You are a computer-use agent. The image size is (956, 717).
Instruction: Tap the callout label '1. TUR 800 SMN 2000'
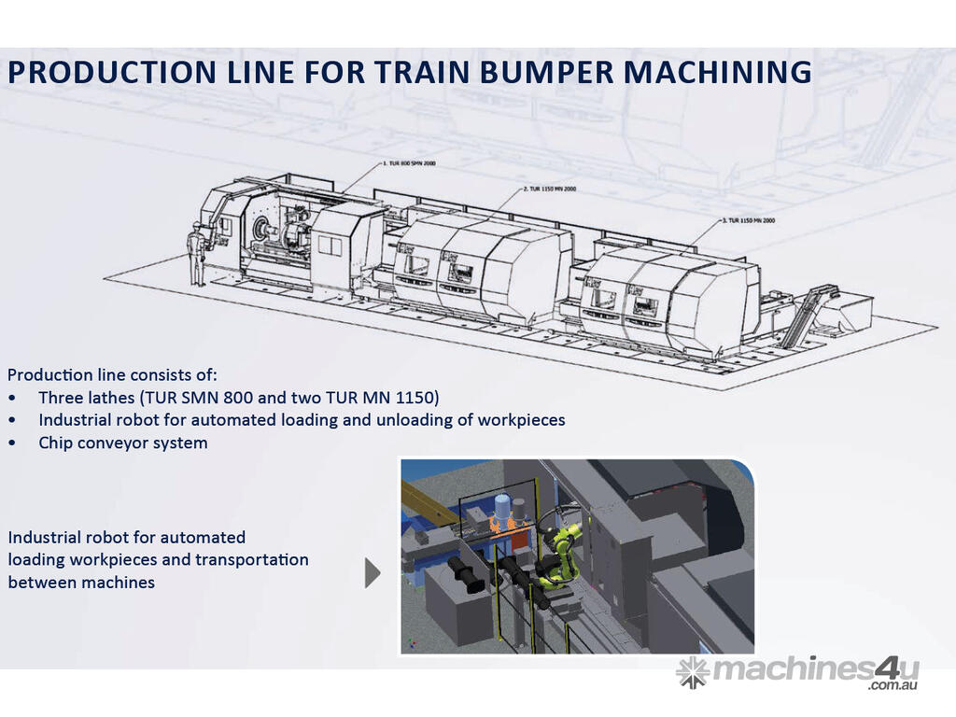(x=409, y=163)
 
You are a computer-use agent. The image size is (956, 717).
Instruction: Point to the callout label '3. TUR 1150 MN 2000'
(x=752, y=220)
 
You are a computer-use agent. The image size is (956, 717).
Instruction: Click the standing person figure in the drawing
(x=195, y=253)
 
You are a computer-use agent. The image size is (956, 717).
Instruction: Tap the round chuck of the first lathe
(x=263, y=230)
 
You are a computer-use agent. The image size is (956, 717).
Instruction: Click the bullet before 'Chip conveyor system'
(x=13, y=443)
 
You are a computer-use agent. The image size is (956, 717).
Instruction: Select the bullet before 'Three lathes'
(x=13, y=398)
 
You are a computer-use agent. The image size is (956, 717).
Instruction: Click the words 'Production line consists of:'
(x=112, y=375)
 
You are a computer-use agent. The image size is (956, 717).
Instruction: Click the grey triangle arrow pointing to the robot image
(x=373, y=573)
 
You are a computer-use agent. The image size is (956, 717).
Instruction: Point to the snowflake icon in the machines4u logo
(x=692, y=671)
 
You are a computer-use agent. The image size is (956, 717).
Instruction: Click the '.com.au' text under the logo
(x=893, y=686)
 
